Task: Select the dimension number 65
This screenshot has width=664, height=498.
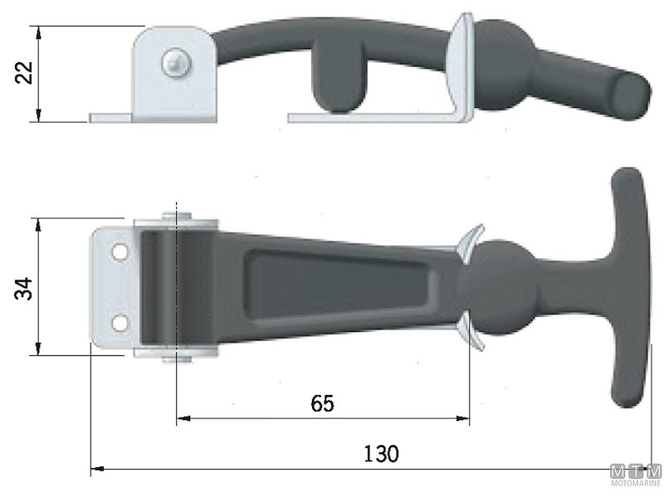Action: point(322,403)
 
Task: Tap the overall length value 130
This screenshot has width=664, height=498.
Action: point(381,454)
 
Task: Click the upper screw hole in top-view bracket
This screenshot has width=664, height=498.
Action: point(120,250)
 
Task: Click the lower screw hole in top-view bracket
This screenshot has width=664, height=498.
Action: point(120,321)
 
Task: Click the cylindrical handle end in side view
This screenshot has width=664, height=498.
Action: point(626,97)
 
